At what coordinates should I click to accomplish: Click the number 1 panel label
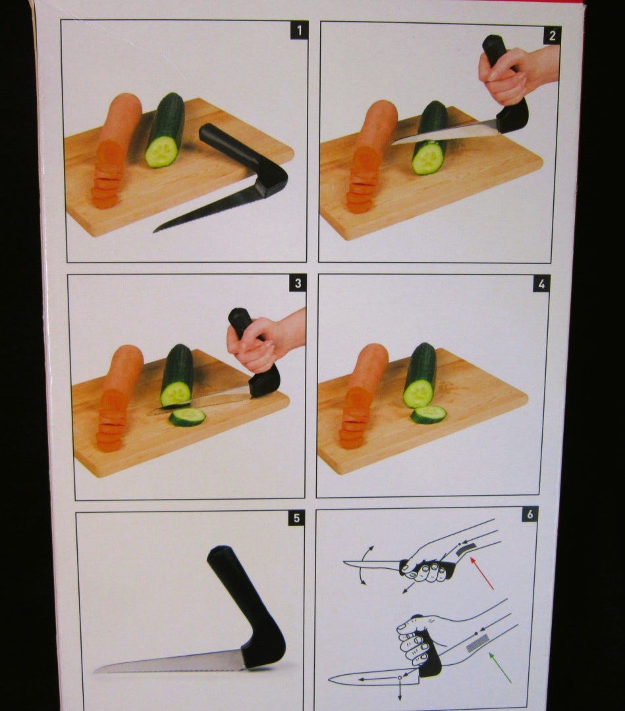coord(299,30)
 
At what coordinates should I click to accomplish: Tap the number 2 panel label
coord(551,36)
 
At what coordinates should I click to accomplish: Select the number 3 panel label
coord(298,283)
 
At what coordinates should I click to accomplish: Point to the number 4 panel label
coord(541,284)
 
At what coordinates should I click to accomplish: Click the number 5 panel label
coord(296,518)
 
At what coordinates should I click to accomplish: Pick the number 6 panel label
coord(530,514)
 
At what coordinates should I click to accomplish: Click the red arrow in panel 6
coord(481,573)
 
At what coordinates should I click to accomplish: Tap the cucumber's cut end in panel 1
coord(161,151)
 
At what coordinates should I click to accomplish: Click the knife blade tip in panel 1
coord(154,231)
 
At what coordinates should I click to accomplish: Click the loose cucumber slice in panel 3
coord(187,417)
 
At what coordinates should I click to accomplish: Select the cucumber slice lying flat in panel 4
coord(429,415)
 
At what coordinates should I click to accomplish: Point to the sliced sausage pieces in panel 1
coord(107,177)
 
